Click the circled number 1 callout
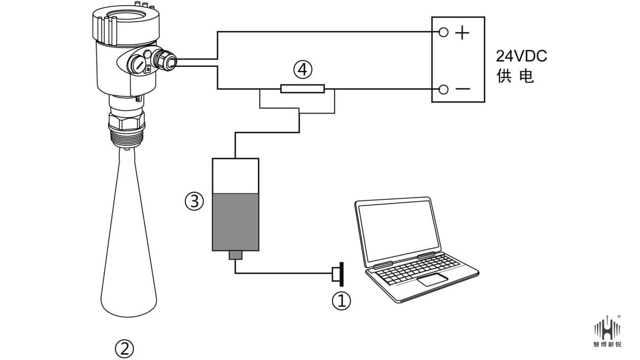341,301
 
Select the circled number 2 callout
125,348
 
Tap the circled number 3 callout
194,202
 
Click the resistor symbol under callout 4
302,89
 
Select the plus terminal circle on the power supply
444,33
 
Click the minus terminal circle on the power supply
444,90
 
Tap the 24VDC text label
521,56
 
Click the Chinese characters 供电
515,78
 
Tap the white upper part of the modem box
236,175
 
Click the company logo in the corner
608,331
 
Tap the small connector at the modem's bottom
236,255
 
